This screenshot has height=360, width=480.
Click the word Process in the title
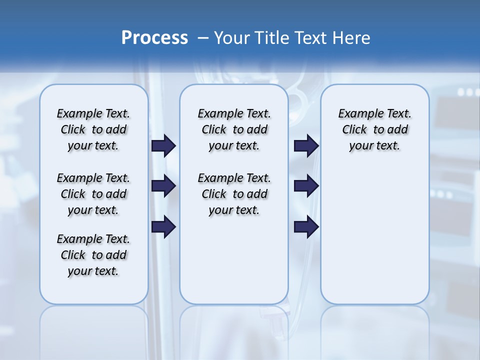(154, 38)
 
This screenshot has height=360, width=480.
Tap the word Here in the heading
(351, 38)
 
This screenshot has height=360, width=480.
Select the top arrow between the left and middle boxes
(163, 145)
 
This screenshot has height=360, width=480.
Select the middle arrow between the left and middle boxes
(163, 186)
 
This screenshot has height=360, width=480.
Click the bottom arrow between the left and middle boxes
(163, 227)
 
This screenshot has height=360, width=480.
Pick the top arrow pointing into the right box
(306, 145)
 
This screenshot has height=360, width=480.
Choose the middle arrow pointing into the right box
(306, 186)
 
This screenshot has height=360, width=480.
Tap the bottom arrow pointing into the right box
(306, 227)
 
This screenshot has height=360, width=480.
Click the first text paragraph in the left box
(93, 129)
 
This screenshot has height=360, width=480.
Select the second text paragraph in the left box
(93, 194)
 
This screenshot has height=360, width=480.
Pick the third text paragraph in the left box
(93, 255)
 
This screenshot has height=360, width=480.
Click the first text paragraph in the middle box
(234, 129)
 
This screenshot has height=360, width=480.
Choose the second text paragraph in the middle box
(234, 194)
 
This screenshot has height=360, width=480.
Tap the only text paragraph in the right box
(375, 129)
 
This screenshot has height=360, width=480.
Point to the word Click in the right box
(354, 129)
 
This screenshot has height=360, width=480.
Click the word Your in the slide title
(232, 38)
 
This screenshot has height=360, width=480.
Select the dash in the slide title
(202, 38)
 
